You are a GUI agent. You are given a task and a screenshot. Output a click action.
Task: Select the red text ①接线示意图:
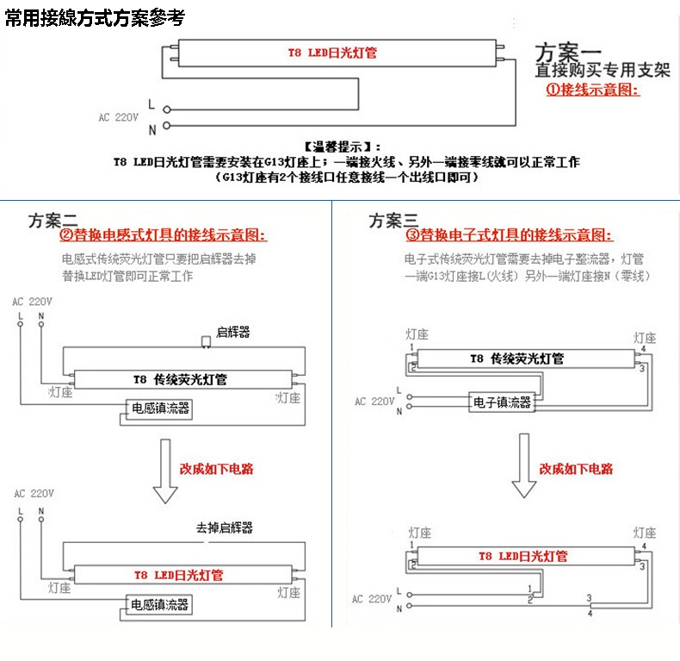click(x=593, y=89)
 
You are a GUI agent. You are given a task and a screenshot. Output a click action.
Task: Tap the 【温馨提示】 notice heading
click(x=342, y=147)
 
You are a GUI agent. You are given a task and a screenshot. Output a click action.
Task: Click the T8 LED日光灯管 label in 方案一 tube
click(x=332, y=53)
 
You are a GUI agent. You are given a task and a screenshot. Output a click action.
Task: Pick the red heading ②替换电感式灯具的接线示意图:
click(x=163, y=235)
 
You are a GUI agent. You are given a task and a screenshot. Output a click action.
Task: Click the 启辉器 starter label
click(x=232, y=332)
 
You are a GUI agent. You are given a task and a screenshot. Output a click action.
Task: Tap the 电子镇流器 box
click(x=502, y=402)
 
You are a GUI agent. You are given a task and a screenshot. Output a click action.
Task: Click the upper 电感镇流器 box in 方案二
click(x=158, y=408)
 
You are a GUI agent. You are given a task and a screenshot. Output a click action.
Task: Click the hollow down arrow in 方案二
click(x=165, y=473)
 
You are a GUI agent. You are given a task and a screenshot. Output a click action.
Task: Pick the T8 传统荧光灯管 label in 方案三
click(x=516, y=359)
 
